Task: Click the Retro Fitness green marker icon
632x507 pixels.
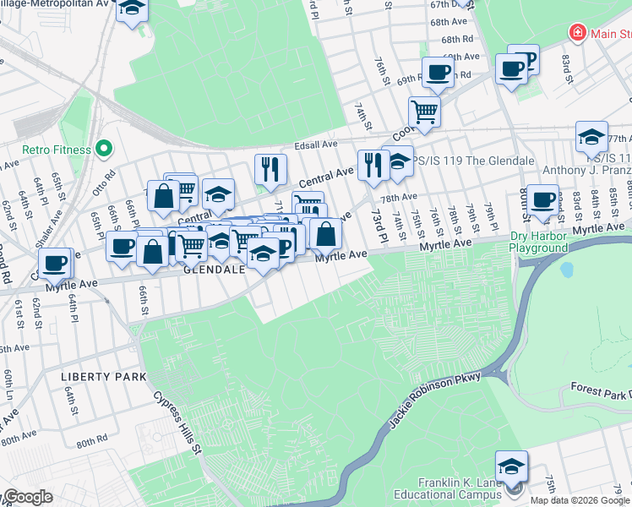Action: click(105, 150)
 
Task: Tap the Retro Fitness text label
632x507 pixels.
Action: click(57, 150)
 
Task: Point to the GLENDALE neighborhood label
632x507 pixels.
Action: click(214, 270)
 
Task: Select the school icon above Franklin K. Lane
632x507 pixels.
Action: click(511, 466)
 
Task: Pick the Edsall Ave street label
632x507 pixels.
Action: click(315, 145)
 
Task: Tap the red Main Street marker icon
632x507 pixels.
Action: click(579, 33)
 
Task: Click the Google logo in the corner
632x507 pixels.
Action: click(29, 497)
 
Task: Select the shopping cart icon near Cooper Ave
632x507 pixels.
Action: click(424, 111)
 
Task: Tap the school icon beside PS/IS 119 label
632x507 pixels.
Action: click(396, 161)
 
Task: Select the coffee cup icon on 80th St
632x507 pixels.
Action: click(542, 199)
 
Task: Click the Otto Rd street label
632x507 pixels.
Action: click(105, 180)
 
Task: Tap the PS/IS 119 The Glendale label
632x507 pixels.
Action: click(473, 161)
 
